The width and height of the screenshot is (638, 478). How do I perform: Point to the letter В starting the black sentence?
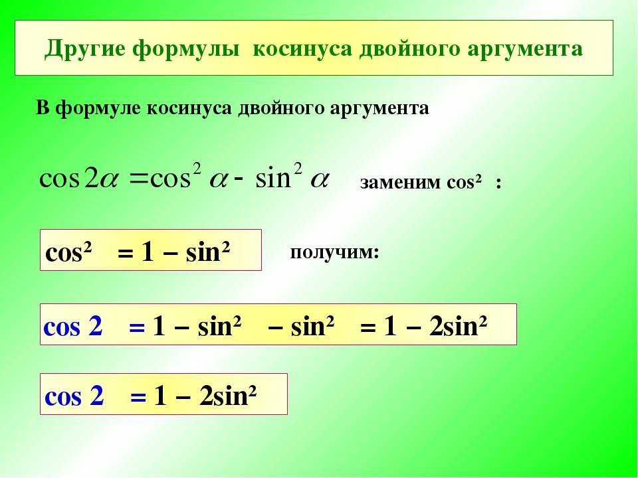(x=43, y=108)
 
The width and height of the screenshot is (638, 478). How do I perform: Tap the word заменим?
(x=400, y=183)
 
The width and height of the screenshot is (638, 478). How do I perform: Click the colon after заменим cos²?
(x=498, y=184)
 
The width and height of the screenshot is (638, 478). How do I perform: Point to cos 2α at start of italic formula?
(x=78, y=179)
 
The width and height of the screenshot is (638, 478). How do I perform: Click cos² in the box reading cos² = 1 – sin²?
(x=68, y=253)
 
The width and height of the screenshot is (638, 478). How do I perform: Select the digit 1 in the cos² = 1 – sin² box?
(x=148, y=252)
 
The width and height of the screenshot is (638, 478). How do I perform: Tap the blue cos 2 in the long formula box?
(x=73, y=326)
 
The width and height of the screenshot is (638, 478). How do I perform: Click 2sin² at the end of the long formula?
(x=458, y=325)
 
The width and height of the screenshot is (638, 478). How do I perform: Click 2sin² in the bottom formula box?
(x=228, y=396)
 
